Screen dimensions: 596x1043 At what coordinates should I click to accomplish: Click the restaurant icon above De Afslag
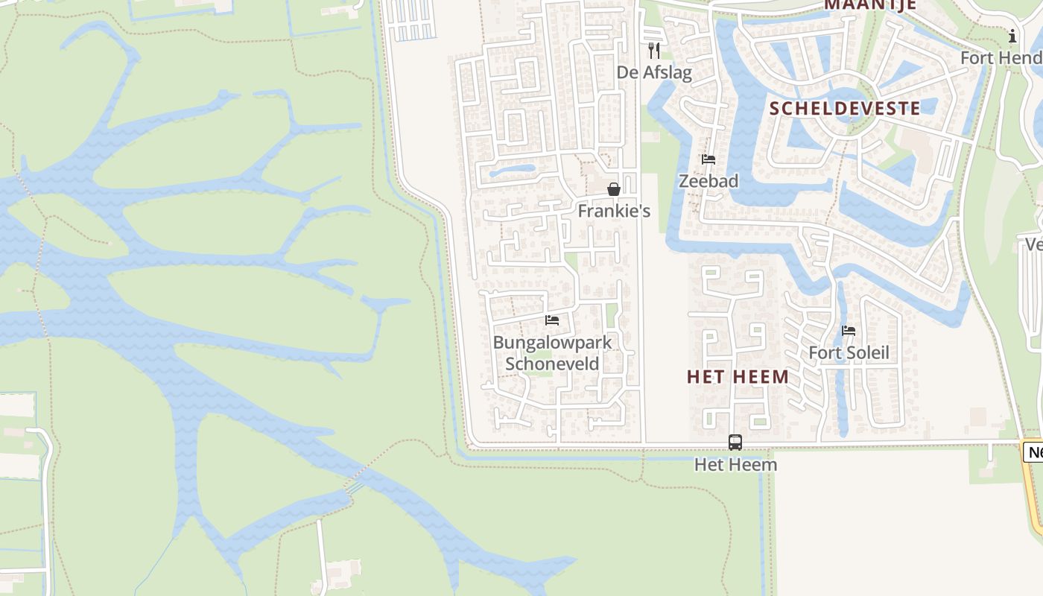[x=654, y=51]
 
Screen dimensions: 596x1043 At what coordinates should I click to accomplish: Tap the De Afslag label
[x=654, y=72]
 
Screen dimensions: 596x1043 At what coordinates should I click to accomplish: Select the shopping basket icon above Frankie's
[x=614, y=189]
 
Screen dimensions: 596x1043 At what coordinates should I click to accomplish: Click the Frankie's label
[x=614, y=211]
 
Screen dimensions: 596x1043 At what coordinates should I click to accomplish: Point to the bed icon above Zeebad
[x=708, y=159]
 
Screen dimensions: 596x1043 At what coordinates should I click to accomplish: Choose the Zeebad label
[x=708, y=181]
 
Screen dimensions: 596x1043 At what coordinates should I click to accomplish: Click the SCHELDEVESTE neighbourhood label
[x=845, y=109]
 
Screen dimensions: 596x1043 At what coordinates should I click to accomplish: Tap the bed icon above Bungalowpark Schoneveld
[x=552, y=320]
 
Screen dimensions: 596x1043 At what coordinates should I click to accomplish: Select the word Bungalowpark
[x=552, y=343]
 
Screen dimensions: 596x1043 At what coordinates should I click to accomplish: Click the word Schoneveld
[x=552, y=364]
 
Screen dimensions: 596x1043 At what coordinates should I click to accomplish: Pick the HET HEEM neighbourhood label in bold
[x=738, y=377]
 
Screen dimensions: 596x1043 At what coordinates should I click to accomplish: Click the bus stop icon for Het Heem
[x=735, y=443]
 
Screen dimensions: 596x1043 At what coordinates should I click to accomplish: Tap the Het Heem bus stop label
[x=735, y=464]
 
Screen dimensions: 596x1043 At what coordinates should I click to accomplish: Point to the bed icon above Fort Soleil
[x=849, y=331]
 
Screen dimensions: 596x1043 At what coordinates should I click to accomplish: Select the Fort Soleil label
[x=849, y=352]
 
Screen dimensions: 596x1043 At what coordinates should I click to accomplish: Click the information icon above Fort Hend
[x=1012, y=36]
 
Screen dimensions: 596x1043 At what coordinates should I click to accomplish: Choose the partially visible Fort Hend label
[x=1001, y=57]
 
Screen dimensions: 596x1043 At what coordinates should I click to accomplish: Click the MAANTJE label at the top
[x=869, y=4]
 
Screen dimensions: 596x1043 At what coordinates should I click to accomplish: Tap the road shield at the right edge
[x=1034, y=451]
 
